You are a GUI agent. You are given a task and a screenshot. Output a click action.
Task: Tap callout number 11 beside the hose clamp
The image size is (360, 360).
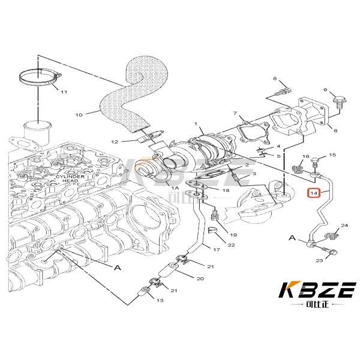point(64,91)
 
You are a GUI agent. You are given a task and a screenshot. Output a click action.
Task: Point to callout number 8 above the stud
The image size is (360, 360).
point(275,79)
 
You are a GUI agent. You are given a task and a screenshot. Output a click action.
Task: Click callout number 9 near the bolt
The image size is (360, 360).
point(326,91)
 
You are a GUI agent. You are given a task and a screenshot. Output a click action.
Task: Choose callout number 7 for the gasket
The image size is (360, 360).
point(335,130)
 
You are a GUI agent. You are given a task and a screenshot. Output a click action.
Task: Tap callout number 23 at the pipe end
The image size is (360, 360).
point(319,260)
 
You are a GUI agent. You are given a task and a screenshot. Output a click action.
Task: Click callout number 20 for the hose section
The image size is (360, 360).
point(200,280)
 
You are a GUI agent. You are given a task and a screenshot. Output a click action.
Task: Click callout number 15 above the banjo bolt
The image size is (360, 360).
point(332,155)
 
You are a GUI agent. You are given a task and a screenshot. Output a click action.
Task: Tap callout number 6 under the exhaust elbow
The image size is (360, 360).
point(335,130)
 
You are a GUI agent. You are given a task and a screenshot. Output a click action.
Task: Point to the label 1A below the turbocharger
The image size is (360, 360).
point(175,188)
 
